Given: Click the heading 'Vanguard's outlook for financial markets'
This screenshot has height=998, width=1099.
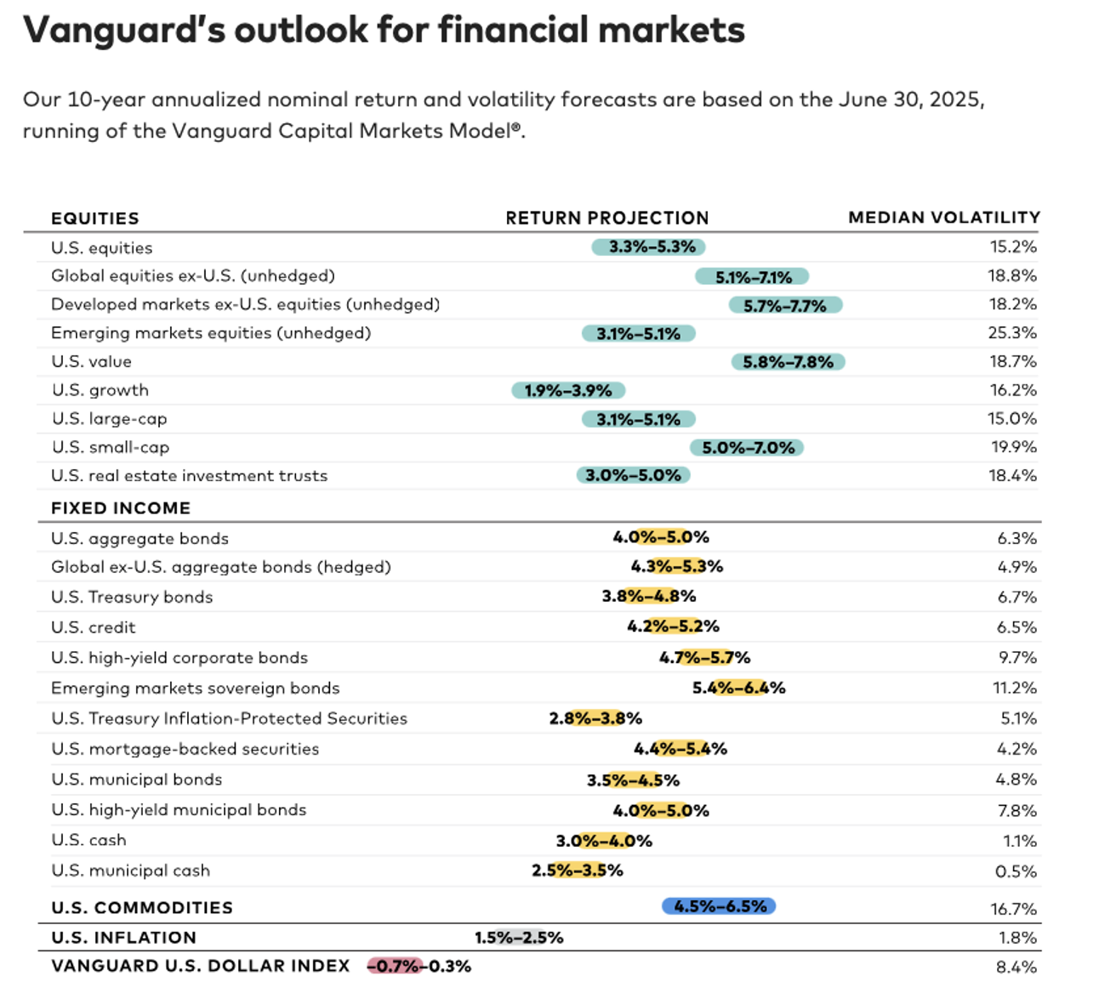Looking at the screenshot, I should point(384,31).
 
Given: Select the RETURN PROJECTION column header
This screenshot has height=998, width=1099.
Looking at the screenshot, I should point(606,218).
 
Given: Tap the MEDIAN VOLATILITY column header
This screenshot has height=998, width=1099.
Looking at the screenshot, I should point(943,218).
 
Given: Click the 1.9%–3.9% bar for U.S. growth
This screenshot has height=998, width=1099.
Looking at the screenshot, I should point(568,390).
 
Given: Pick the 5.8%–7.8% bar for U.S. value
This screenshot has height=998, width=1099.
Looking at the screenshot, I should point(788,362).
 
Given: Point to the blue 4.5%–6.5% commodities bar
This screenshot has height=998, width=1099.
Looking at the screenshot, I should point(719,906).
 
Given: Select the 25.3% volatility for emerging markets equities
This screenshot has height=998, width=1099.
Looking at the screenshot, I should point(1011,332).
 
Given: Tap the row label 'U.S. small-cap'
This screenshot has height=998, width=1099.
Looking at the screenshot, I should point(111,447).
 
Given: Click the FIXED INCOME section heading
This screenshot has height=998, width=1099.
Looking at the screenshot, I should point(121,508).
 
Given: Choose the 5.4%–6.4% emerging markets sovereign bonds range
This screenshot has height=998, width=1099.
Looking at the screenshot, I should point(738,688).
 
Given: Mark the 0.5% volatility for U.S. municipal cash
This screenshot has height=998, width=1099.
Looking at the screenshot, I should point(1016,871).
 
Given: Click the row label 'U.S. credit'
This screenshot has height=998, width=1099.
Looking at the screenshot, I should point(94,627).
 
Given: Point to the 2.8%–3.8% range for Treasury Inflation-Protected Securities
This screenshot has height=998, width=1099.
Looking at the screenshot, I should point(595,718).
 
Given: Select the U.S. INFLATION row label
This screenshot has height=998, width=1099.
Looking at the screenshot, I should point(123,938).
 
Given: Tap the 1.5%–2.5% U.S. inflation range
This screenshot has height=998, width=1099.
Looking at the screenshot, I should point(519,938).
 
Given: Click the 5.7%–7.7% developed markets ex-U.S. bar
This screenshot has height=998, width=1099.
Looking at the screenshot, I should point(785,305).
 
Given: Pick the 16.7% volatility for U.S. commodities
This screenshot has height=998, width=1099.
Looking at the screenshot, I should point(1013,909).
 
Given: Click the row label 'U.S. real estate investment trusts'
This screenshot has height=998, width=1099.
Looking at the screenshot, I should point(189,476).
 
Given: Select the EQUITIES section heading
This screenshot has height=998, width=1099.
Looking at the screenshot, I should point(94,218).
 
